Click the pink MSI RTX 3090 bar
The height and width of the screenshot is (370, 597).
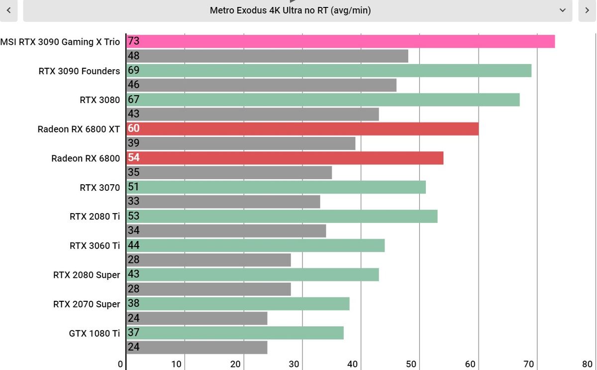[x=341, y=41]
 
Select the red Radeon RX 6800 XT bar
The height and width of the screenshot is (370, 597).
[x=302, y=129]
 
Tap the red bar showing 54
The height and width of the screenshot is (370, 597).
[x=285, y=158]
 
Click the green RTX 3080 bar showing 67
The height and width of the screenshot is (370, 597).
[x=323, y=100]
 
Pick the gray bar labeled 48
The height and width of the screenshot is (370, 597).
[x=267, y=56]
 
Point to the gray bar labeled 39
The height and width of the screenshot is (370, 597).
[x=241, y=143]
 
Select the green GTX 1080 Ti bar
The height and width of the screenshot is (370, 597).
[x=235, y=333]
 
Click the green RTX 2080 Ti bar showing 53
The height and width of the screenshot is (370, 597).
[x=282, y=216]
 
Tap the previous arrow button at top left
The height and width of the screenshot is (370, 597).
[x=9, y=10]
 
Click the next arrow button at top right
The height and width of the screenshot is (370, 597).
[x=587, y=10]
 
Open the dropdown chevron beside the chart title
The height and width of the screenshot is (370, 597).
[x=562, y=10]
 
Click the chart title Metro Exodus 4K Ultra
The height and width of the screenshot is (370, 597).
[x=290, y=10]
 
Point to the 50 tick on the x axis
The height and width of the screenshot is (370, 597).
[x=411, y=364]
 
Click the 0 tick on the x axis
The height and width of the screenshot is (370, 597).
[x=120, y=364]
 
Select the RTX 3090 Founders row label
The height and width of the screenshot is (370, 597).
[x=79, y=71]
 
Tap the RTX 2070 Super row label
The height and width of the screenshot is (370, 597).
[x=87, y=304]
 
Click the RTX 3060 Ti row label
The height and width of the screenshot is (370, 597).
[x=95, y=246]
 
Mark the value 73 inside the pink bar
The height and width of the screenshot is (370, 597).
[x=133, y=41]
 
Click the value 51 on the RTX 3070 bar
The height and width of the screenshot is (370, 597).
[x=133, y=187]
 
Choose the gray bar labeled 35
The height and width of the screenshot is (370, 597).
[x=229, y=173]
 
